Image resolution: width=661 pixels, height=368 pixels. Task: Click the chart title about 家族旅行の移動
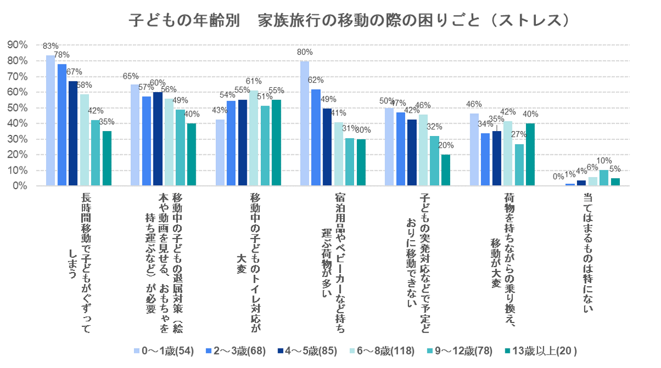pyautogui.click(x=349, y=20)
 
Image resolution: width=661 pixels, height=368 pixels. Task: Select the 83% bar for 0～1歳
pyautogui.click(x=50, y=120)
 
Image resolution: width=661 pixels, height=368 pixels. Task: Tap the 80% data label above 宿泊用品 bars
pyautogui.click(x=305, y=53)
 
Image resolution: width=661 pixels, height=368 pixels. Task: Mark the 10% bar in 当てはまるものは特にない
pyautogui.click(x=604, y=178)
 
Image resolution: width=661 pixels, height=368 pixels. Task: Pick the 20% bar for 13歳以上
pyautogui.click(x=445, y=170)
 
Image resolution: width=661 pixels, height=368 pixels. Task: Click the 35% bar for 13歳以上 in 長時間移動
pyautogui.click(x=106, y=158)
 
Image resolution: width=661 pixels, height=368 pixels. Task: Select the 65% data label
pyautogui.click(x=131, y=76)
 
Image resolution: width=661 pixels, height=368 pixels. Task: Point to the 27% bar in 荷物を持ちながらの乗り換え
pyautogui.click(x=519, y=165)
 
